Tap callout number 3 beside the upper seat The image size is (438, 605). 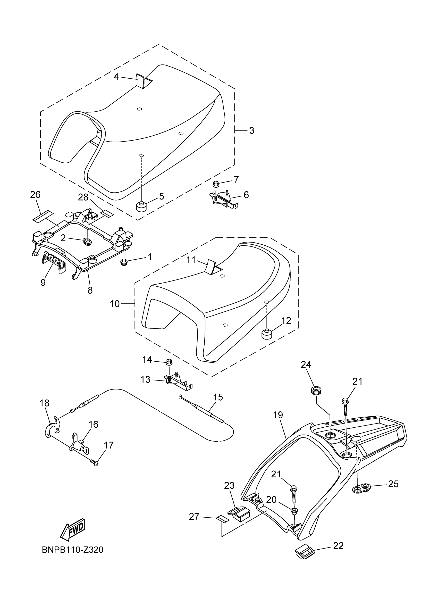pyautogui.click(x=252, y=130)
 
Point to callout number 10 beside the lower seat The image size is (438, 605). pyautogui.click(x=115, y=304)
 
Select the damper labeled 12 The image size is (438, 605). pyautogui.click(x=266, y=334)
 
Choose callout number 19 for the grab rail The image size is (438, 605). pyautogui.click(x=278, y=415)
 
